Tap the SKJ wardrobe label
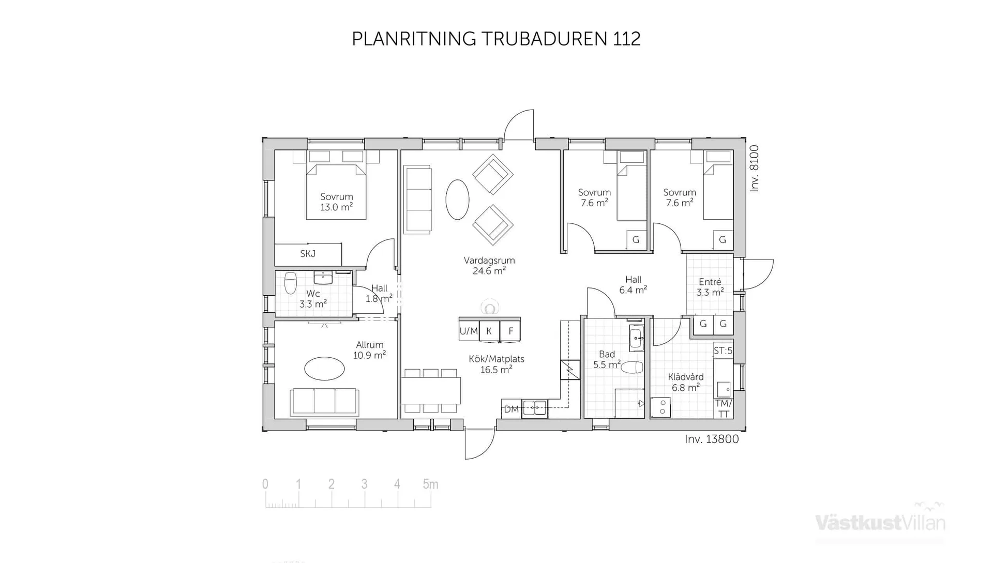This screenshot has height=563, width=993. [308, 254]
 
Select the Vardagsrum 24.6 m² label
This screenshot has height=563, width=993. [489, 265]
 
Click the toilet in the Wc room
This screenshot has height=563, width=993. [291, 283]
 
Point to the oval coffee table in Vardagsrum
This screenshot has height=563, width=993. [457, 200]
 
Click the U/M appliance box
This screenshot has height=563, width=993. [469, 331]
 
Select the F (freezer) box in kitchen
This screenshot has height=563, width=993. [510, 331]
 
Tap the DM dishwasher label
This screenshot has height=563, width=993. [511, 409]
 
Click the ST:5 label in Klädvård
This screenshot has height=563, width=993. [723, 351]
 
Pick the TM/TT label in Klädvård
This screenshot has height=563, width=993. [723, 408]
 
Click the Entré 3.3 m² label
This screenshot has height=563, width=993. [710, 287]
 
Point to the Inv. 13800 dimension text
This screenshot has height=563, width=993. [712, 439]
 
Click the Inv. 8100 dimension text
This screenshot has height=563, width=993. [755, 169]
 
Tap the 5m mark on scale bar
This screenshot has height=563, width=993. [430, 484]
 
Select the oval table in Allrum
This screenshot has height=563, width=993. [324, 369]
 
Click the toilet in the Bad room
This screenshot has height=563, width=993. [631, 368]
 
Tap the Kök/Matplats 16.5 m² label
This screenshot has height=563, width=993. [496, 364]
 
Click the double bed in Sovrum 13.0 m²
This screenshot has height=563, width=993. [336, 191]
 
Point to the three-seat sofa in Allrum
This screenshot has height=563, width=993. [324, 402]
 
